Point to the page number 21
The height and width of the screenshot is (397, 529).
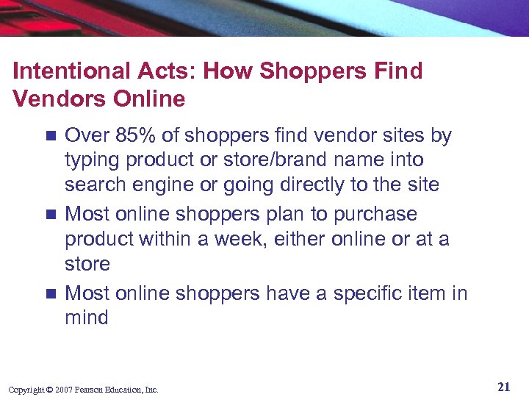503,387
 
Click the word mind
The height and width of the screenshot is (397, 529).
86,318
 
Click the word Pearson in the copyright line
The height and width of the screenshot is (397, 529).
93,390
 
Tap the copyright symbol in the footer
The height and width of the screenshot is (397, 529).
50,390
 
